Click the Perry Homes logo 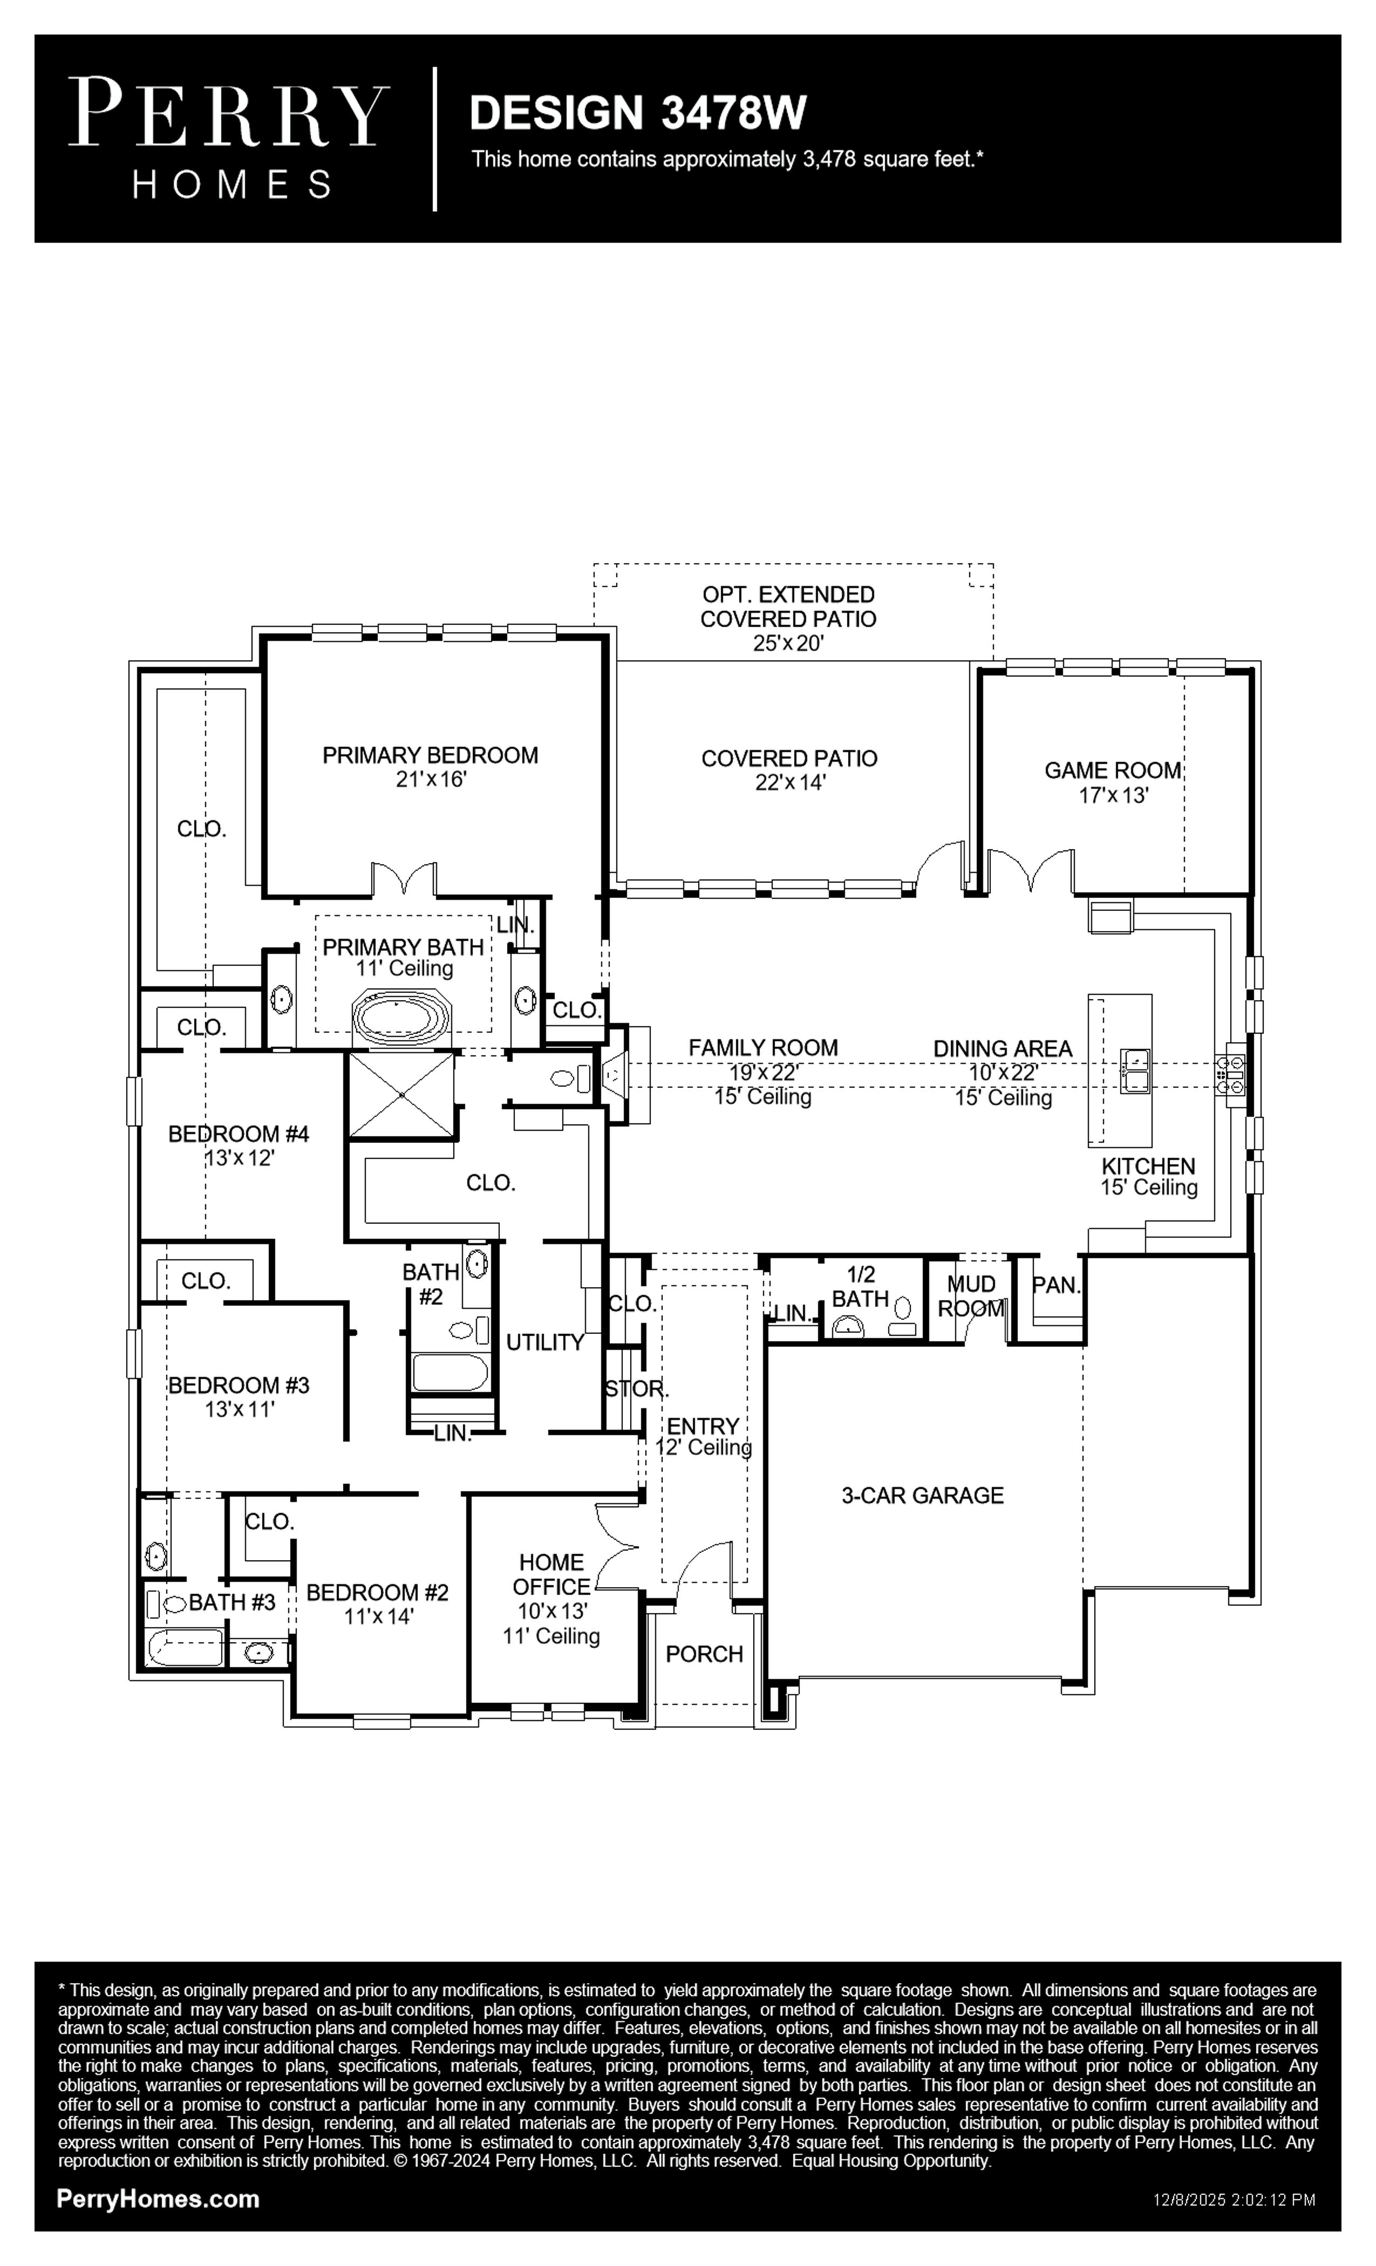click(229, 138)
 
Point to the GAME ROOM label click(1113, 770)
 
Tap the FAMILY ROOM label click(764, 1047)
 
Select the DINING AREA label click(1003, 1048)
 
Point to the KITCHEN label click(1149, 1166)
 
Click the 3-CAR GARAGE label click(923, 1496)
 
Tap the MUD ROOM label click(971, 1296)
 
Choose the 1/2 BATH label click(861, 1287)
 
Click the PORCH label click(705, 1654)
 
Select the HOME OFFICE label click(551, 1574)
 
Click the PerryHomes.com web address click(158, 2199)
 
